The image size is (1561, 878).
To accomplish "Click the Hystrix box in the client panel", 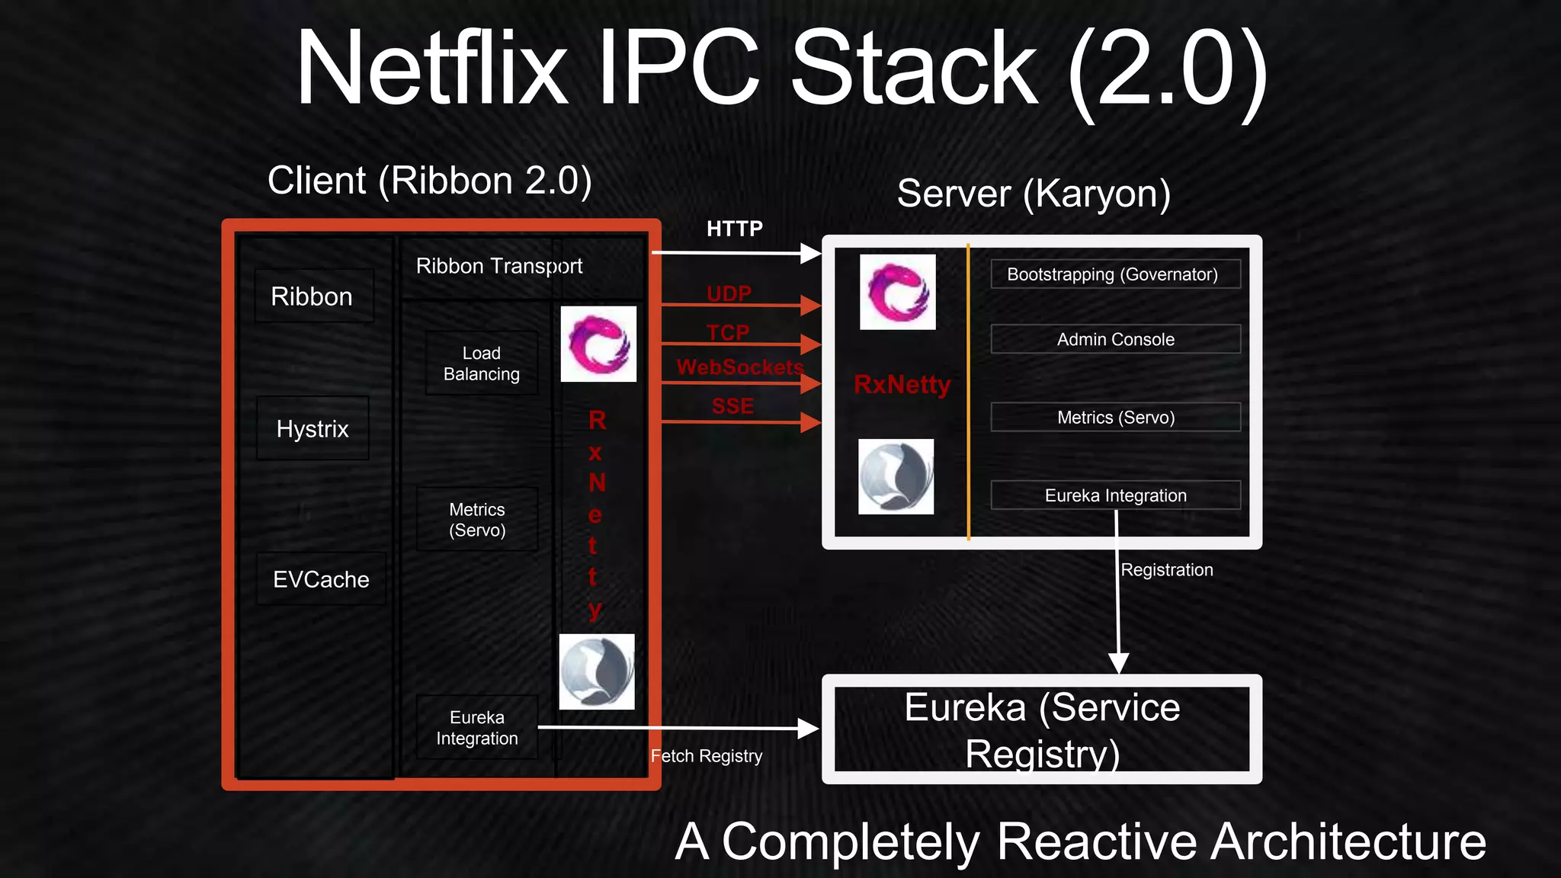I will (x=313, y=428).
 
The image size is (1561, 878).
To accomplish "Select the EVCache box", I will (x=321, y=579).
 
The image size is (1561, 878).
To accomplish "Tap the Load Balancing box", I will (x=481, y=364).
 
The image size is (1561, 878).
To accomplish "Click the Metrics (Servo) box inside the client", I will (x=477, y=520).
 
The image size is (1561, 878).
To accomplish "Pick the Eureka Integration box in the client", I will (x=477, y=728).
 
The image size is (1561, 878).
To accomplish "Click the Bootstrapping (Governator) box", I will (x=1114, y=274).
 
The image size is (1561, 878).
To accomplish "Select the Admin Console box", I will (x=1114, y=339).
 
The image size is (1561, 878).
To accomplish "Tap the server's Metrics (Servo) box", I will (x=1114, y=418).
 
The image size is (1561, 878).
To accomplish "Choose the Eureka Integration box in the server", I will (x=1114, y=495).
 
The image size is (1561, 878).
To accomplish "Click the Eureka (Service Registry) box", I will (x=1041, y=729).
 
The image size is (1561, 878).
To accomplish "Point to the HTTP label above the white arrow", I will (x=734, y=229).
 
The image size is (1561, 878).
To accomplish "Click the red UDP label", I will (x=729, y=293).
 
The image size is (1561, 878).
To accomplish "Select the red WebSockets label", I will (x=739, y=367).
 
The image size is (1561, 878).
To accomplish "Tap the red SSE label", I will (x=732, y=406).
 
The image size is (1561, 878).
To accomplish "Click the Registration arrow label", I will (x=1166, y=570).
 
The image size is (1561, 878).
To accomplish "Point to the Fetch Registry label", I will (x=706, y=756).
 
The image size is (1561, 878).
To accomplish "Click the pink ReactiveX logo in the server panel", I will (x=897, y=292).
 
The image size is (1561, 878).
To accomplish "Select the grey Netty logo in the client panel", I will (x=597, y=671).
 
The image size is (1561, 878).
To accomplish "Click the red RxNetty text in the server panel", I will (x=902, y=384).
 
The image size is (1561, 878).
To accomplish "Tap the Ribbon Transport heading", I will (x=498, y=266).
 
